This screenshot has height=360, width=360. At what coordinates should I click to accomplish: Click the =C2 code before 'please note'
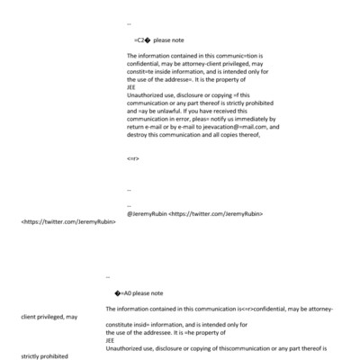(x=141, y=40)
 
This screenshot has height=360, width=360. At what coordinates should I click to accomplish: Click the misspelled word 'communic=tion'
(x=237, y=56)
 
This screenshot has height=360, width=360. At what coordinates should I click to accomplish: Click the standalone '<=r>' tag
(x=133, y=158)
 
